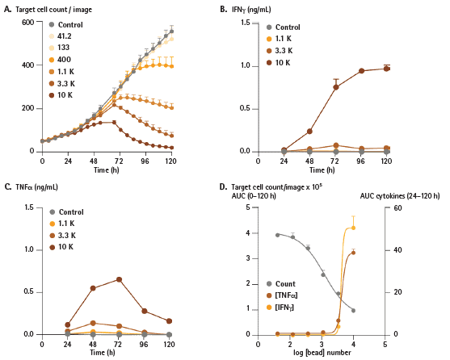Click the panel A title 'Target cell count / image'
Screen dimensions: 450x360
[53, 10]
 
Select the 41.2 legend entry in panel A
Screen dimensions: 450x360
[61, 36]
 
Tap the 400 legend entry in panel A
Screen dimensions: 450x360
[60, 60]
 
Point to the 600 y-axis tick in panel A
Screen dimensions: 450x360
[27, 22]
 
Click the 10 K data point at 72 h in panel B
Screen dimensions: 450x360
[335, 87]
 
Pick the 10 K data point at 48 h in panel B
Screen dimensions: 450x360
[309, 132]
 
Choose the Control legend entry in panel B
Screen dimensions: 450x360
[284, 27]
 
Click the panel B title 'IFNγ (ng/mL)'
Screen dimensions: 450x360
[251, 10]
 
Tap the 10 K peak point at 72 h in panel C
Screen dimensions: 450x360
[119, 279]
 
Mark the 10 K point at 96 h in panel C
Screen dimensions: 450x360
[145, 311]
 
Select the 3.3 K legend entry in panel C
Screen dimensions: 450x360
[62, 236]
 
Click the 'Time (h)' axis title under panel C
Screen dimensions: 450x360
[103, 352]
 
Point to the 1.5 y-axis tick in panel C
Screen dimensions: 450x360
[29, 207]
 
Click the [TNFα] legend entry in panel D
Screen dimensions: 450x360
[282, 295]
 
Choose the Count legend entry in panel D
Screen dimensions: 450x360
[281, 284]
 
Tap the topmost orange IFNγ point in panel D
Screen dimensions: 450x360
[353, 228]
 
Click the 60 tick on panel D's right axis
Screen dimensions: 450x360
[397, 207]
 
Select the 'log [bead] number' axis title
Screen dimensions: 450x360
[322, 352]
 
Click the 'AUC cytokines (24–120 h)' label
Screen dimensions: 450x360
[400, 196]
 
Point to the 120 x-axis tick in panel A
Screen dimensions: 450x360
[171, 161]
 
